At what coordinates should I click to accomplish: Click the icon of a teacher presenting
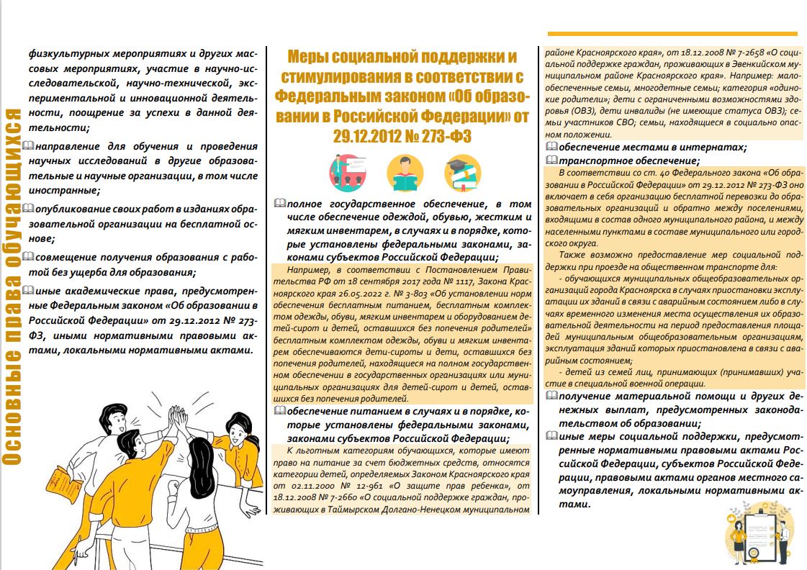click(x=348, y=173)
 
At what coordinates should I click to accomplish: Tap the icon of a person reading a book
click(x=405, y=173)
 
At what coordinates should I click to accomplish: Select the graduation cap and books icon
click(x=461, y=173)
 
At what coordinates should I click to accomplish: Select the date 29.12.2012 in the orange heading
click(x=366, y=135)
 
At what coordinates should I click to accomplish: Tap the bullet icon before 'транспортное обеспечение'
click(x=552, y=160)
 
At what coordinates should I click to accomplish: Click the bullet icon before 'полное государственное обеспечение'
click(x=279, y=205)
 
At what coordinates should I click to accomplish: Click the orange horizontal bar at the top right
click(x=672, y=34)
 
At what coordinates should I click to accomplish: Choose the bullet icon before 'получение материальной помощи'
click(x=551, y=397)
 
